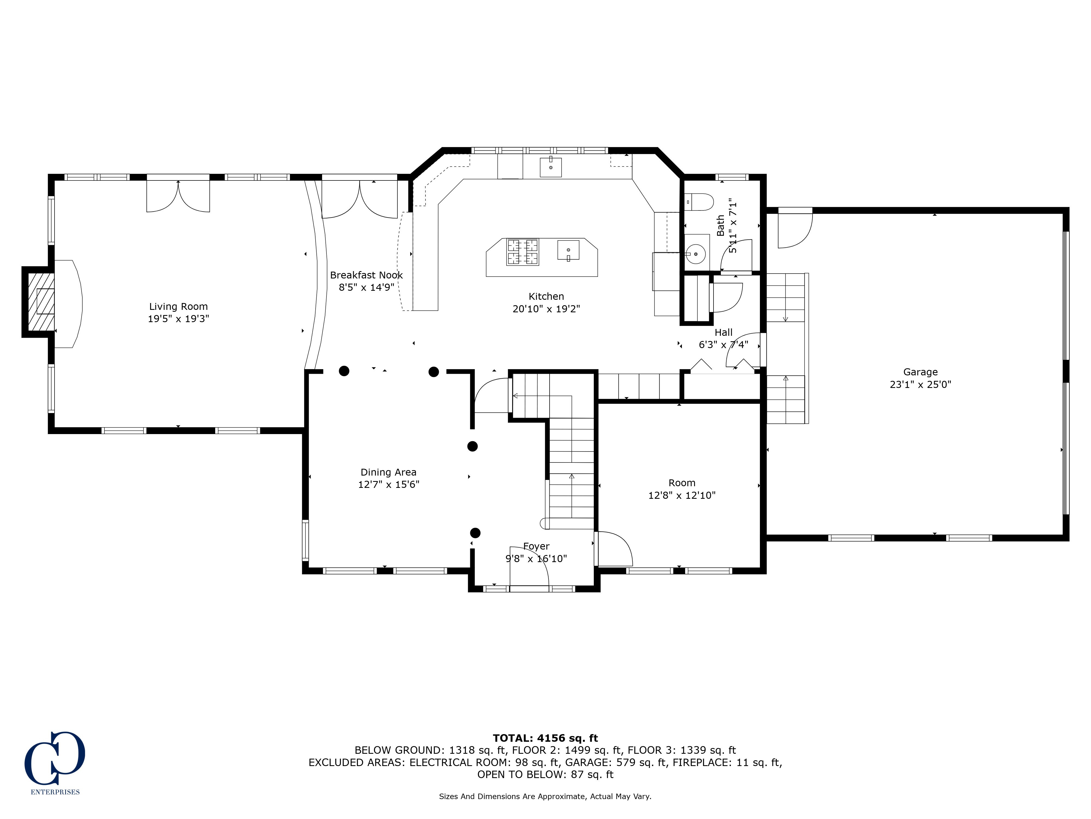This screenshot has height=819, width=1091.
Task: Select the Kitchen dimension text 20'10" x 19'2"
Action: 546,309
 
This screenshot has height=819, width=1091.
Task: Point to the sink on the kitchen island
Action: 568,250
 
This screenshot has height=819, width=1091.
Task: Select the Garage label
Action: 920,372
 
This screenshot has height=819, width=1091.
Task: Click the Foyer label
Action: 536,547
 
